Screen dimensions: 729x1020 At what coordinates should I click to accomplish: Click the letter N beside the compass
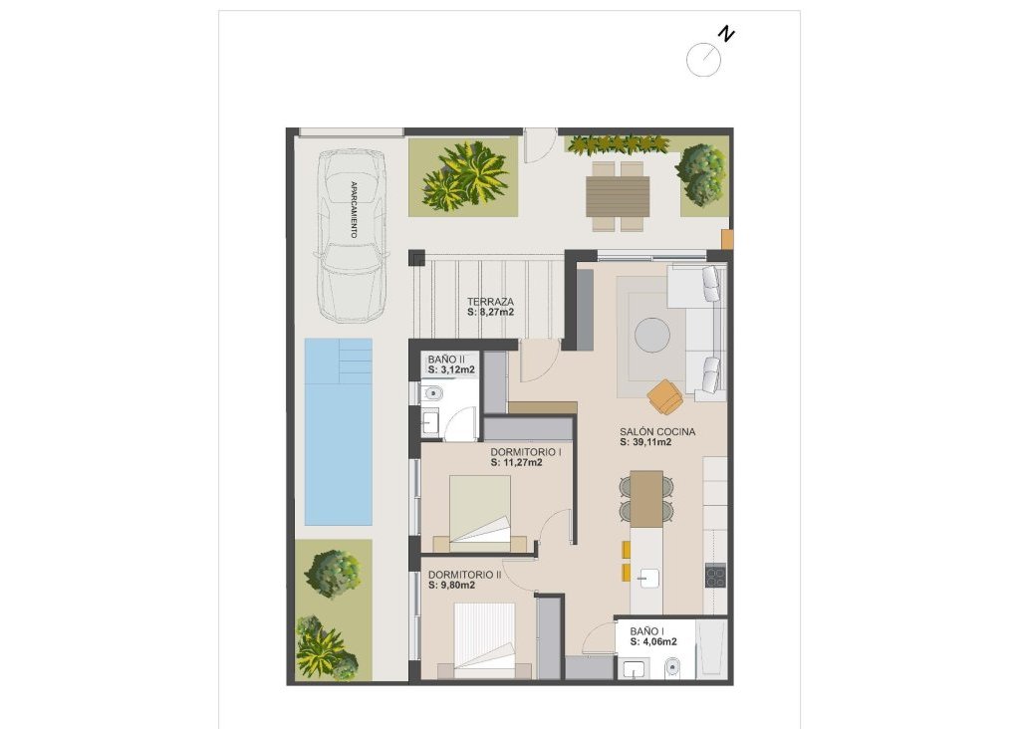pos(728,35)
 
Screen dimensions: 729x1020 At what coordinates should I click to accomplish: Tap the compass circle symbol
pos(703,60)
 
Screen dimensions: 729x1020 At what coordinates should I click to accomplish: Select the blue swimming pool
pos(338,431)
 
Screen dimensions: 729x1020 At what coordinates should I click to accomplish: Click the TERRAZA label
pos(490,301)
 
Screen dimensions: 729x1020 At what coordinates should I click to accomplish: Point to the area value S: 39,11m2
pos(644,443)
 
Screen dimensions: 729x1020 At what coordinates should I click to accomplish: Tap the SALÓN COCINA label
pos(656,431)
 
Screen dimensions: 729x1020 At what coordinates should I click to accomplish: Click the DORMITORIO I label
pos(526,451)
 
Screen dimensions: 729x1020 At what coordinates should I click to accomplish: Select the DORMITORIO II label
pos(464,575)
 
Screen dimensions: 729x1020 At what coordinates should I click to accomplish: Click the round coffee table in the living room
pos(653,335)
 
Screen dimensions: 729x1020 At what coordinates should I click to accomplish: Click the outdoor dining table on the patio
pos(618,196)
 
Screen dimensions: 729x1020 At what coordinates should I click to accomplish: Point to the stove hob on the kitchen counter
pos(715,576)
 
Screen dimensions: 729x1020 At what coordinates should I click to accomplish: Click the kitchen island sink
pos(646,577)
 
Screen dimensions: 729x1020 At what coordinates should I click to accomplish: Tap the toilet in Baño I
pos(672,666)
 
